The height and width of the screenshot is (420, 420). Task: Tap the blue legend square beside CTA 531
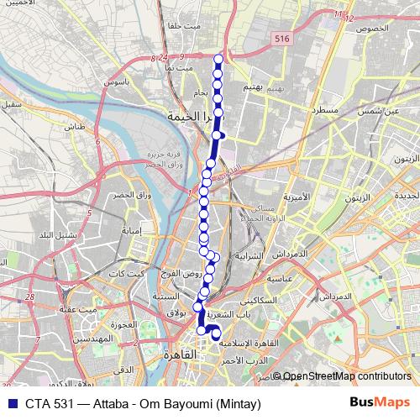12,403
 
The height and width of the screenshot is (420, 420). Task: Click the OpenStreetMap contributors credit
346,375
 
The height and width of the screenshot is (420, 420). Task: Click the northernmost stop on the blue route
218,59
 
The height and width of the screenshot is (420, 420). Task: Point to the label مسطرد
324,110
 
